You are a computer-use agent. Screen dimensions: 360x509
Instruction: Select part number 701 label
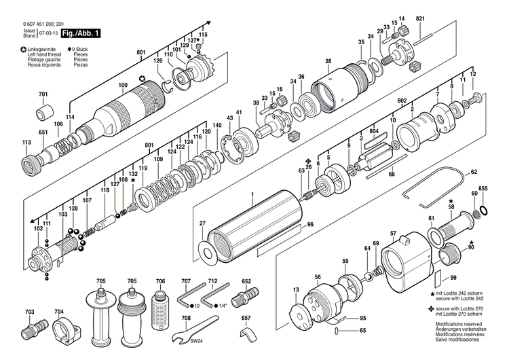pyautogui.click(x=43, y=94)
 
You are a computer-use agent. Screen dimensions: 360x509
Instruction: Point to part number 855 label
pyautogui.click(x=483, y=187)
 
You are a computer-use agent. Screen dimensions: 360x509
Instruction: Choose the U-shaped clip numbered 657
pyautogui.click(x=248, y=335)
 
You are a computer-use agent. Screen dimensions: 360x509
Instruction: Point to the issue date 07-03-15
pyautogui.click(x=48, y=33)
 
